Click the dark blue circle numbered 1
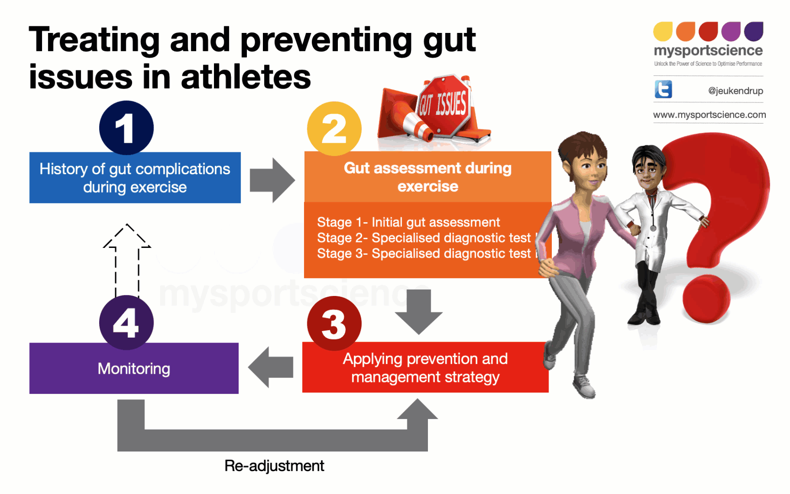(126, 128)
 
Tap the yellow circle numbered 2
(334, 129)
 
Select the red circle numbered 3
(334, 323)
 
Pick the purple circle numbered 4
(126, 322)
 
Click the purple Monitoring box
(134, 369)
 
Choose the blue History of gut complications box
(135, 178)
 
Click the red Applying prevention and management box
(425, 368)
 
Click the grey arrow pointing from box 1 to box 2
(272, 180)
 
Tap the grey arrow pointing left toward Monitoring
(271, 367)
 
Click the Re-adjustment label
(274, 466)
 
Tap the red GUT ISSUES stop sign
(443, 105)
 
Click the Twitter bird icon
(663, 89)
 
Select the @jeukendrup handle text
(735, 91)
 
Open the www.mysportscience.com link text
(709, 115)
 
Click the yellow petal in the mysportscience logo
(662, 32)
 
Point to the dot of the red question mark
(706, 299)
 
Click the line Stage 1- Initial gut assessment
(408, 222)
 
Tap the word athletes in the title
(246, 76)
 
